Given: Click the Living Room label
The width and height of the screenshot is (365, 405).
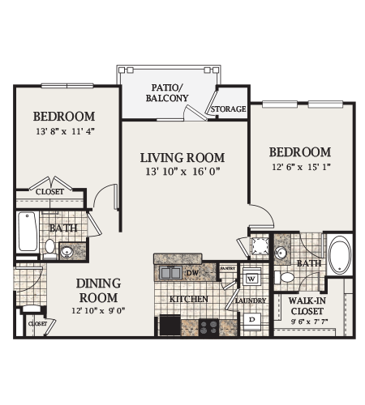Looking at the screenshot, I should [182, 157].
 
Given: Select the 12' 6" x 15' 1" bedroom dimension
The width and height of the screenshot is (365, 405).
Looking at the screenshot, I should [299, 168].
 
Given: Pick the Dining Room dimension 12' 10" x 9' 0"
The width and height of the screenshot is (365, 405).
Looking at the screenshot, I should [98, 310].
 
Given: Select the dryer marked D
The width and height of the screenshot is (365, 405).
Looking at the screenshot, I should [252, 318].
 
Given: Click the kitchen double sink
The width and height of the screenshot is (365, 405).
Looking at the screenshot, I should [172, 273].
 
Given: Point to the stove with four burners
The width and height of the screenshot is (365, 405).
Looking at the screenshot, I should [209, 326].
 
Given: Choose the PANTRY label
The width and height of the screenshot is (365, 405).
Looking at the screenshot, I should [228, 267].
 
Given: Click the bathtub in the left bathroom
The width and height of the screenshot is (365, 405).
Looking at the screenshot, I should [27, 231].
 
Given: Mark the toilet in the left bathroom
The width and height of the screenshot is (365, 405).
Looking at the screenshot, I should [49, 246].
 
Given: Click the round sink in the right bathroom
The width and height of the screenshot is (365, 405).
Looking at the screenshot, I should [282, 254].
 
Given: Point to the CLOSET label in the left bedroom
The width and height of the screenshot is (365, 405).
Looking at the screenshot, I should [51, 191].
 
